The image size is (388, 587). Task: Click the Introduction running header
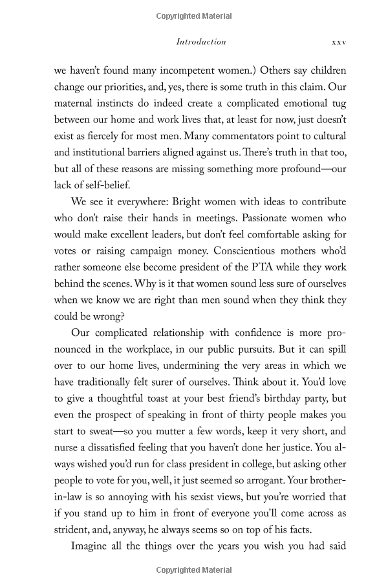pos(201,41)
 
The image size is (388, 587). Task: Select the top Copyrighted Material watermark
pos(194,13)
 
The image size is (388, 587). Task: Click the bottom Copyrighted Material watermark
pos(194,570)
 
